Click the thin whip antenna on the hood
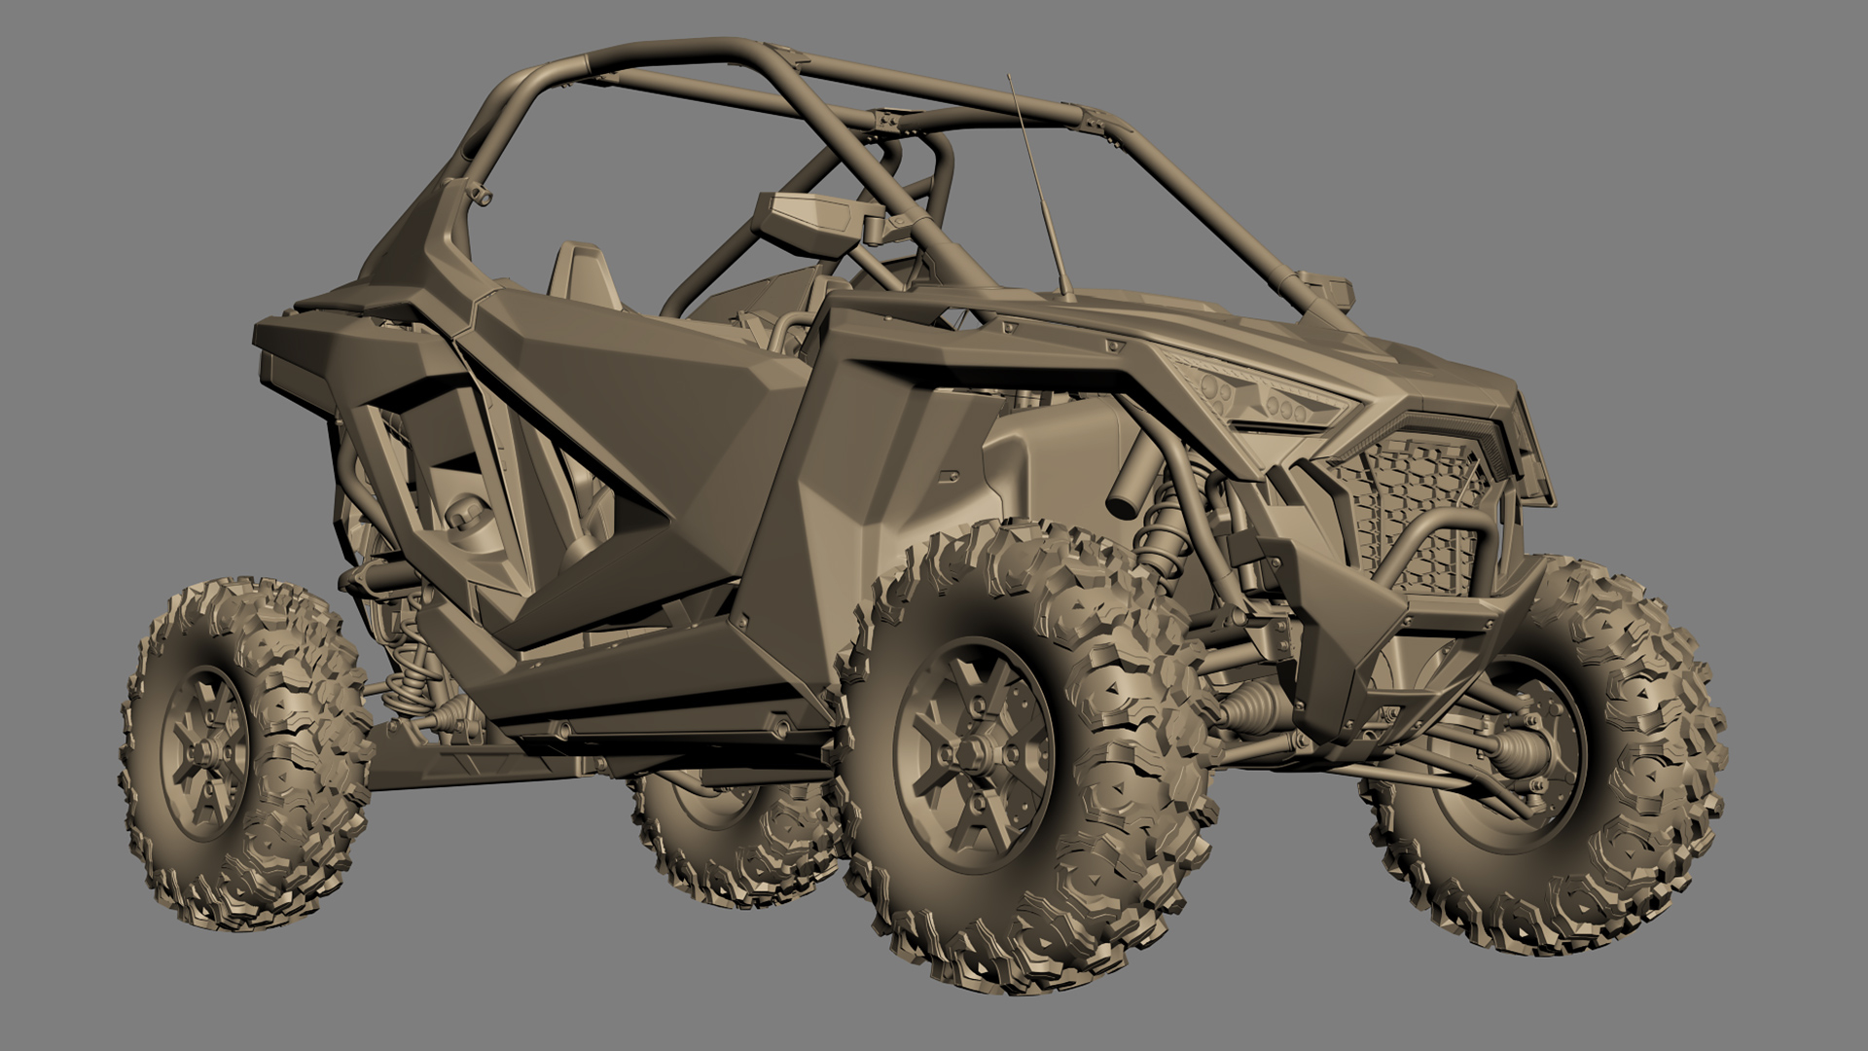click(1040, 195)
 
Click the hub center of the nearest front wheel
click(973, 754)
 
